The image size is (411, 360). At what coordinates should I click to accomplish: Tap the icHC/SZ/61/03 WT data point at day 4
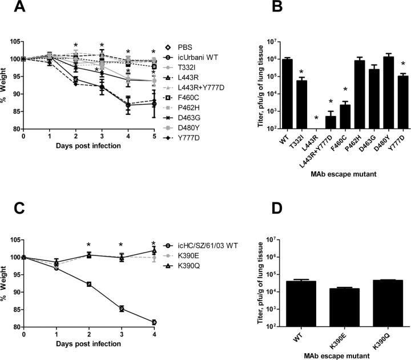pos(154,322)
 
